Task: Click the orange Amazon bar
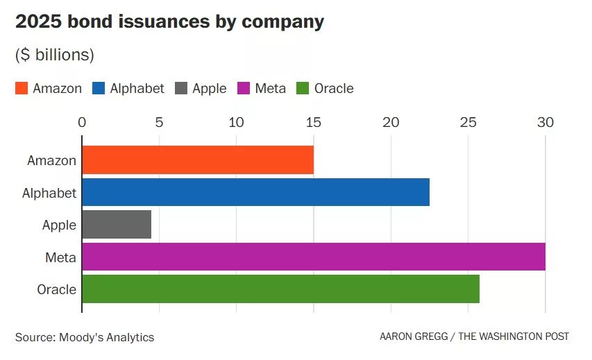point(198,160)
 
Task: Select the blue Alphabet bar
point(255,192)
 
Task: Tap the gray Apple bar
point(117,225)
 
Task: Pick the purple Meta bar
point(314,257)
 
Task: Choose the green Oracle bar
point(280,289)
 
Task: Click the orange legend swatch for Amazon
point(22,89)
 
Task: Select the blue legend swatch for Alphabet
point(99,89)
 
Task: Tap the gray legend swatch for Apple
point(181,89)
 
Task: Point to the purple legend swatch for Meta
point(244,89)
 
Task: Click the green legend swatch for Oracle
point(303,89)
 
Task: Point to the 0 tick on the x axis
point(82,123)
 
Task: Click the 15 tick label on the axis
point(313,123)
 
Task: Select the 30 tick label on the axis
point(545,123)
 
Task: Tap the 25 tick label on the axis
point(468,123)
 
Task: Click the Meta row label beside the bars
point(60,257)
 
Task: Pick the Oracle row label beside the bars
point(56,289)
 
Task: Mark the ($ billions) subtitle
point(55,55)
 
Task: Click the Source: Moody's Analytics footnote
point(85,337)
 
